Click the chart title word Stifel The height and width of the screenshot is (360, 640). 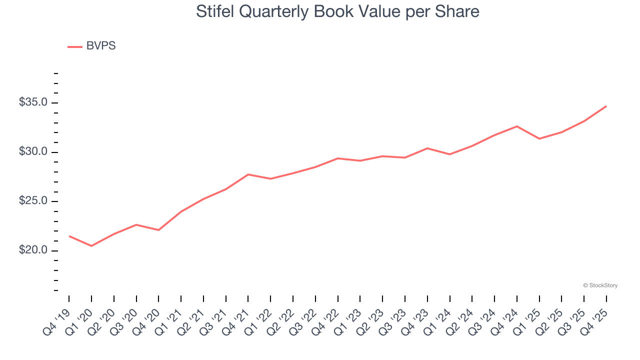point(213,11)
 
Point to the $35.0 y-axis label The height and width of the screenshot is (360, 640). point(33,102)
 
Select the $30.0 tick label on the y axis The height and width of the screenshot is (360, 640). point(33,152)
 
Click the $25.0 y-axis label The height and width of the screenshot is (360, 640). point(33,201)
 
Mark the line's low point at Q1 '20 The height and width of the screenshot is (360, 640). point(91,246)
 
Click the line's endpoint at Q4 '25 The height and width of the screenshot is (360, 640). point(606,106)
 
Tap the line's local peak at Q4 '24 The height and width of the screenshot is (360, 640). point(517,126)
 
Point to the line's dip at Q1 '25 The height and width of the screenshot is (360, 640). point(539,138)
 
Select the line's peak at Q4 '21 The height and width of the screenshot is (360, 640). point(248,174)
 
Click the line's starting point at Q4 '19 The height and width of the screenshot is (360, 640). point(69,236)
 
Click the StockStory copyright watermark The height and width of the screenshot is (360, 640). point(600,285)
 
